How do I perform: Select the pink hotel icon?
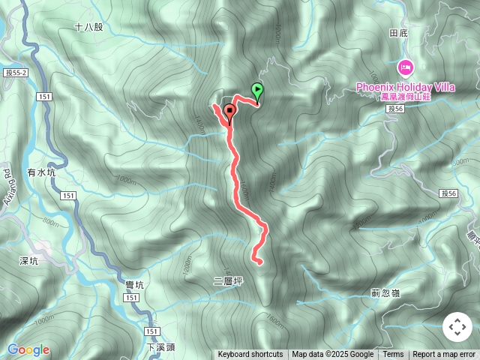[x=406, y=68]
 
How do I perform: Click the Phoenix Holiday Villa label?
[x=406, y=87]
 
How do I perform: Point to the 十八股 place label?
[x=88, y=27]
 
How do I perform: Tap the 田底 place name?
[x=397, y=34]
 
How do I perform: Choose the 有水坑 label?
[x=42, y=172]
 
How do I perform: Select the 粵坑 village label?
[x=135, y=283]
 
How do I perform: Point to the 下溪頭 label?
[x=160, y=348]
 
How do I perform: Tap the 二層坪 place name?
[x=228, y=281]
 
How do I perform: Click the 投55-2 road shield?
[x=14, y=73]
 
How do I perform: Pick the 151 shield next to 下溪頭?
[x=152, y=331]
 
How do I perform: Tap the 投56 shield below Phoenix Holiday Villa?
[x=396, y=109]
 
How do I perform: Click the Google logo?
[x=28, y=349]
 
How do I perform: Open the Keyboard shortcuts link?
[x=250, y=355]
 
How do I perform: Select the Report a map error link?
[x=444, y=355]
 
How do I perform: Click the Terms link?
[x=393, y=355]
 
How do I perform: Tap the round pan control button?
[x=457, y=327]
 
